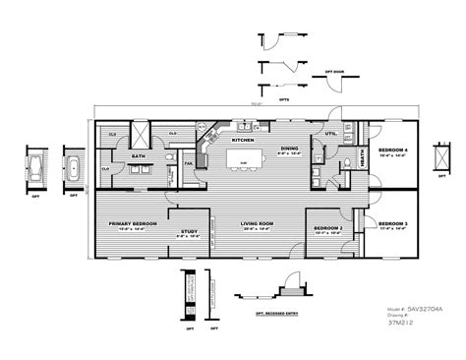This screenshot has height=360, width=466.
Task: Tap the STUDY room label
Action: pos(187,231)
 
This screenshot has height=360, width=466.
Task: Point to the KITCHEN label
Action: pos(243,140)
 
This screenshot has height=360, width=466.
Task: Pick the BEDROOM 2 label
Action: pos(327,228)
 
